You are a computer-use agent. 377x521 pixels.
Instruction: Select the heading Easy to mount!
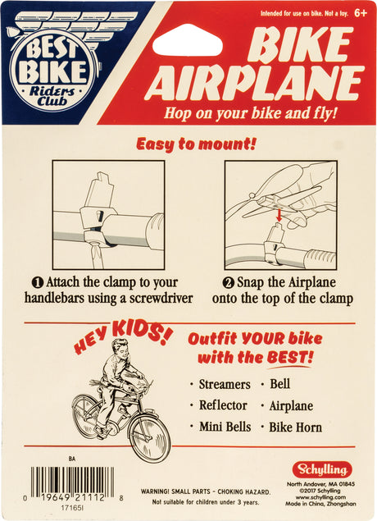[195, 144]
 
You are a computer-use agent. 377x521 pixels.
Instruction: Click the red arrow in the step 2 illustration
[279, 216]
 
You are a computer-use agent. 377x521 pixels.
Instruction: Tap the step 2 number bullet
[230, 281]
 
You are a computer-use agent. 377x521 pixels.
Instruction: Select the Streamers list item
[225, 383]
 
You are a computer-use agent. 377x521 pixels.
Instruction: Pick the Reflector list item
[223, 404]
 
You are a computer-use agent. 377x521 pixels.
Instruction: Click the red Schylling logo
[322, 470]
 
